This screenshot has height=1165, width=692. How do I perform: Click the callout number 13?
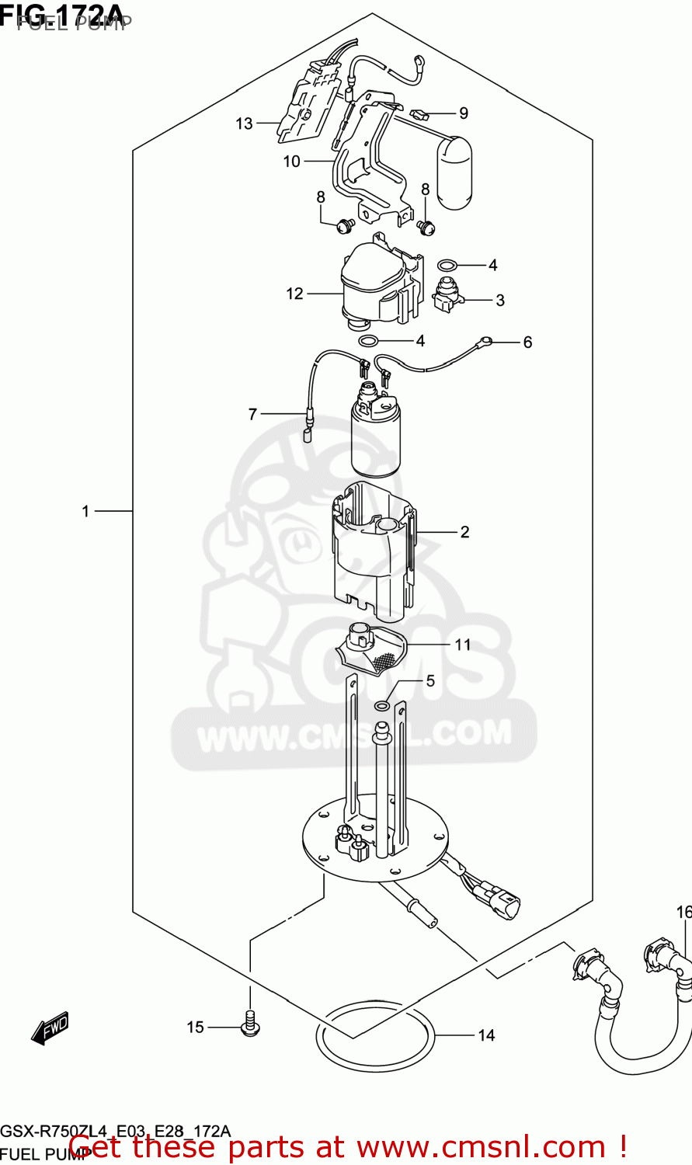245,123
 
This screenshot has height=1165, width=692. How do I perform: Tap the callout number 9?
464,113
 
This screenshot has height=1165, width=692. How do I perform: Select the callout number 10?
291,162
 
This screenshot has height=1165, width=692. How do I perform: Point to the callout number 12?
294,294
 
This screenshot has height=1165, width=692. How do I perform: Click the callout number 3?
500,300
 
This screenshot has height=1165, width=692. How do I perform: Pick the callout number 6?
527,343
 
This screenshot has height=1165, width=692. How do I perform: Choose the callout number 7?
252,415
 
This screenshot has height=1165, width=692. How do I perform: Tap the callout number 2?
464,532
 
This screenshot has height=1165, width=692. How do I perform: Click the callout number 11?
463,645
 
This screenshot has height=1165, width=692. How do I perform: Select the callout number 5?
430,681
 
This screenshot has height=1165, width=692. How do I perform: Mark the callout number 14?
486,1035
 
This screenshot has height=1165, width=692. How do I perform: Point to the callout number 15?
195,1028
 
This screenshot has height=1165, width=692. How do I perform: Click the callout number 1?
86,511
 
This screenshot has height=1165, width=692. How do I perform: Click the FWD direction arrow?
50,1028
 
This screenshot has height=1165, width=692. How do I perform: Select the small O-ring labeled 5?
382,705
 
